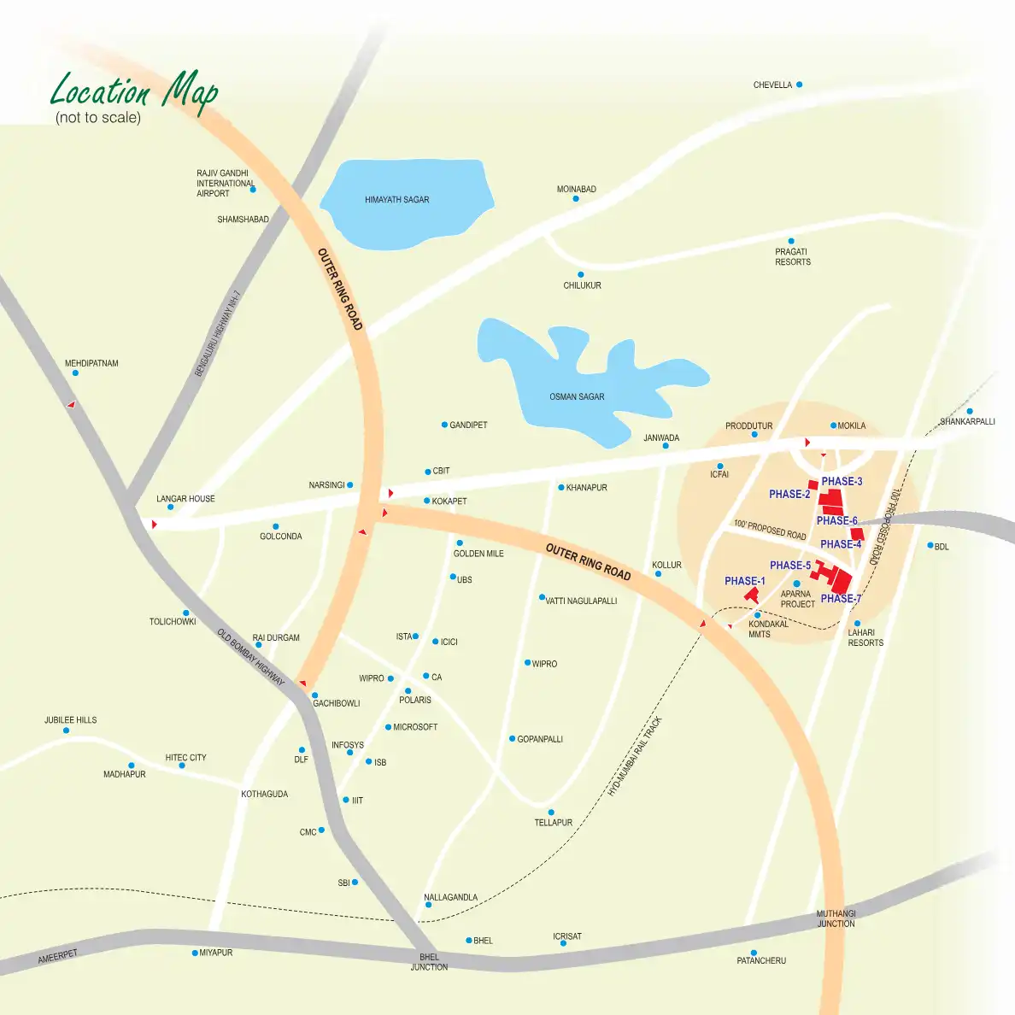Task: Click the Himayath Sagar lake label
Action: click(x=396, y=200)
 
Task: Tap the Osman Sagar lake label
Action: click(x=577, y=396)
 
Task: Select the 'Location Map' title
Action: click(x=134, y=91)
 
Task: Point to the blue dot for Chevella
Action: click(x=799, y=85)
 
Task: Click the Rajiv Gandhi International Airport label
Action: click(x=225, y=183)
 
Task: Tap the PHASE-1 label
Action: click(x=745, y=581)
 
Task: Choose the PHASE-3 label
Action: click(x=842, y=482)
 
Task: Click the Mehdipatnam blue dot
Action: click(x=75, y=373)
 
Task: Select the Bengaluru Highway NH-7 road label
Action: click(x=218, y=334)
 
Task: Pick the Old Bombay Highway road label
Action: click(x=250, y=656)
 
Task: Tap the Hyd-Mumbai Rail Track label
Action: click(x=635, y=757)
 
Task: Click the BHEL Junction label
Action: click(x=429, y=962)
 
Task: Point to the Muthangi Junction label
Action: click(x=836, y=918)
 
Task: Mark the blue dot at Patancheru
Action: click(x=754, y=953)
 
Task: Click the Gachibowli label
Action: click(x=337, y=703)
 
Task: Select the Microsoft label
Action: click(x=415, y=727)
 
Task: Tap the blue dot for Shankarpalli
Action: click(x=970, y=411)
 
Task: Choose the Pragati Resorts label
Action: click(x=793, y=257)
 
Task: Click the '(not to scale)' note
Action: click(x=98, y=118)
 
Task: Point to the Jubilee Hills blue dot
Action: click(x=67, y=730)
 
